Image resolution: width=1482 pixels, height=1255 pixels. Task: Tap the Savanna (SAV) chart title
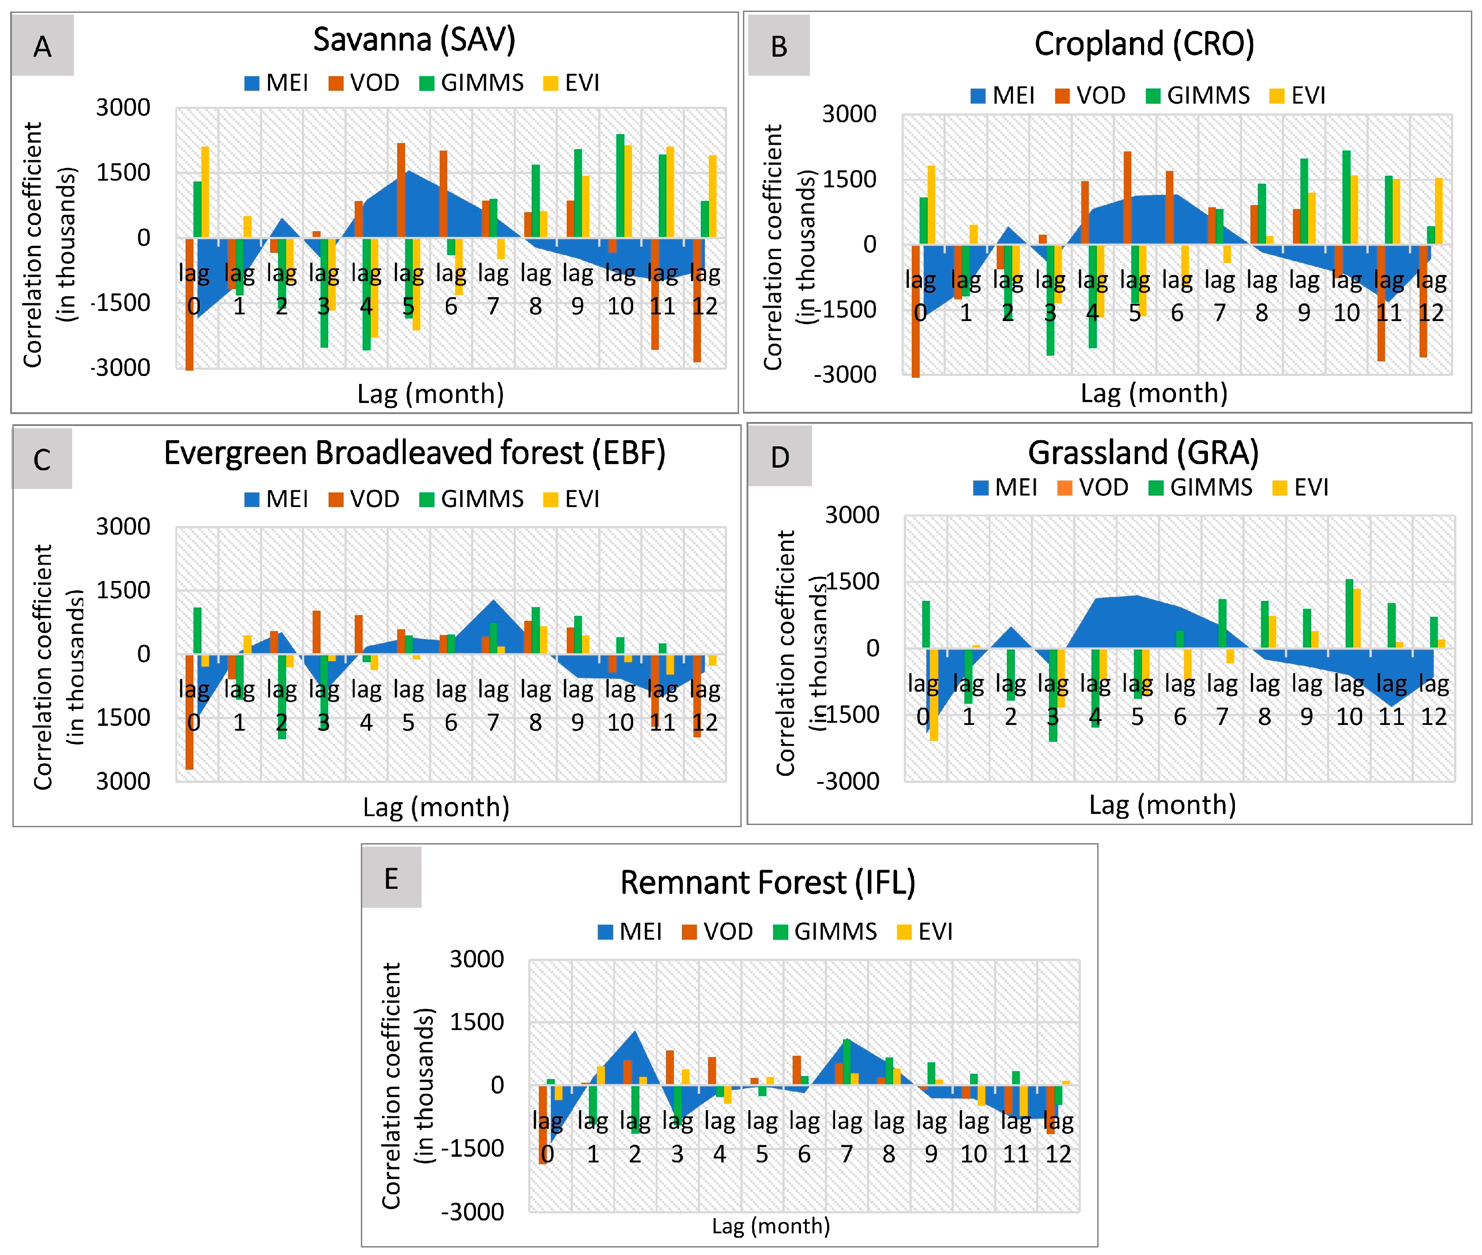[x=414, y=40]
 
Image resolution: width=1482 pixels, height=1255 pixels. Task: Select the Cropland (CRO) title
[x=1144, y=44]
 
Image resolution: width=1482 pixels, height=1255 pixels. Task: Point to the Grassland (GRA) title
[x=1143, y=453]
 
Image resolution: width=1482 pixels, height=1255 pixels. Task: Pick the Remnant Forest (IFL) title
[x=768, y=883]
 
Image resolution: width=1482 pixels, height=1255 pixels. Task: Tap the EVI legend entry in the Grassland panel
[x=1300, y=488]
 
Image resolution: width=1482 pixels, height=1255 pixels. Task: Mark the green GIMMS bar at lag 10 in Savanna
[x=620, y=186]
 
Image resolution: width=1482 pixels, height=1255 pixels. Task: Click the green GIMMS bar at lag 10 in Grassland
[x=1350, y=613]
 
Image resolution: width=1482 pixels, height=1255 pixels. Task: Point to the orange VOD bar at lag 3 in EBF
[x=317, y=632]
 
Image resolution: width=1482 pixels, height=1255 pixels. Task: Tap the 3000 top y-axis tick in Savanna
[x=123, y=108]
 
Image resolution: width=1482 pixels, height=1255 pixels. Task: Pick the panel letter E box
[x=391, y=877]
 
